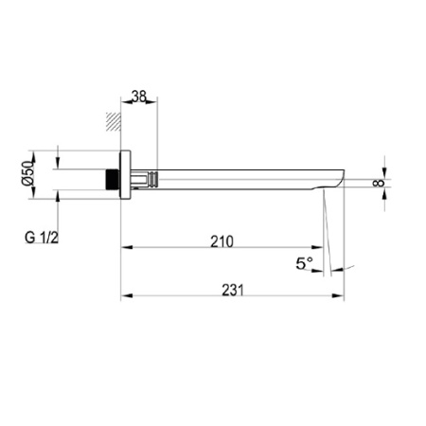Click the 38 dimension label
point(139,97)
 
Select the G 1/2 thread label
point(42,238)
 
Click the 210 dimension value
point(222,241)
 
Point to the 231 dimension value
point(233,290)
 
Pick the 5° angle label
point(304,263)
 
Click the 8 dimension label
point(379,183)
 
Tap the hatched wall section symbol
point(114,121)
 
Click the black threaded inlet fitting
point(112,180)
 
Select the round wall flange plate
point(126,175)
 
